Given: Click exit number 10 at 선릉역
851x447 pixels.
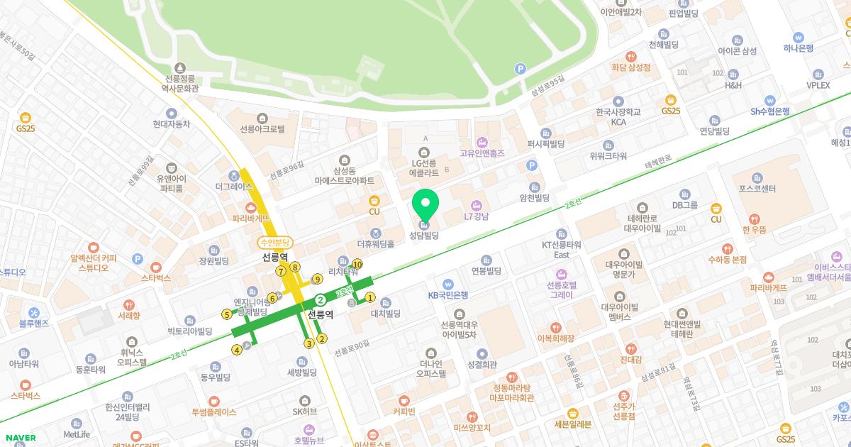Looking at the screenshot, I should [357, 265].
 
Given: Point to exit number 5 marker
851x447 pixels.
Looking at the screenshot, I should [227, 314].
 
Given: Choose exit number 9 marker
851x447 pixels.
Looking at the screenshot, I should [318, 279].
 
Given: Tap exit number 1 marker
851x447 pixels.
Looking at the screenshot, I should [370, 297].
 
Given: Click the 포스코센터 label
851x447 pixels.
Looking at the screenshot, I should [757, 189].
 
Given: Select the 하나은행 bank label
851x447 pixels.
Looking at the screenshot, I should [798, 48].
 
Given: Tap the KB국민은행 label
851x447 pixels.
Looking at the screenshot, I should [447, 294].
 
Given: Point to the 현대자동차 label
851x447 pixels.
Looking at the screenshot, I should [171, 123].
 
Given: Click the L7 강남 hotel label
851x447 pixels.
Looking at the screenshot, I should [477, 216].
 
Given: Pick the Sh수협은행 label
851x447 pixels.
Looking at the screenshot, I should [770, 111].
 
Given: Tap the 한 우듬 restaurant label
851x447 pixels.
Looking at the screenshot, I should [755, 229].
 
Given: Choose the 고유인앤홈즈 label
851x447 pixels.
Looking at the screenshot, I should [482, 153].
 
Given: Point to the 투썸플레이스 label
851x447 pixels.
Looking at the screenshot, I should [213, 412].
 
